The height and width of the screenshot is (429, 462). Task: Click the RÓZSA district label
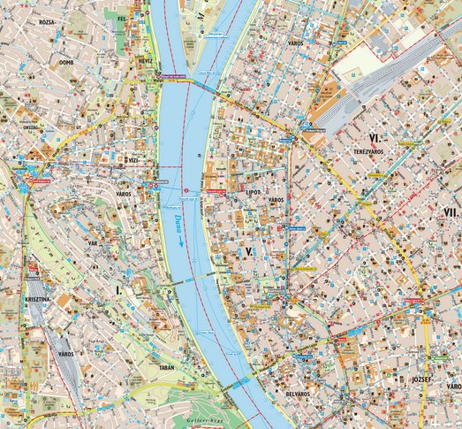[47, 21]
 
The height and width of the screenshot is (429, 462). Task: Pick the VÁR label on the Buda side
[91, 241]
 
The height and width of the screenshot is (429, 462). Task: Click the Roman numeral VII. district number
[451, 212]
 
